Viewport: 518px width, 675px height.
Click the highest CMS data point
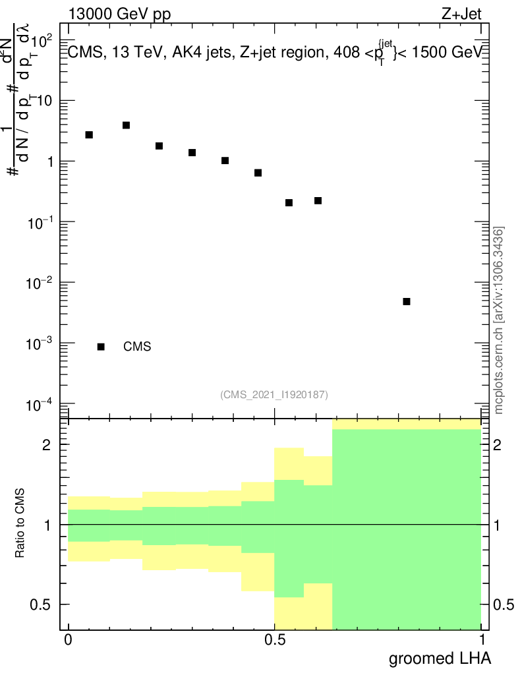tap(126, 125)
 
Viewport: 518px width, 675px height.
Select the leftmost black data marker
tap(89, 134)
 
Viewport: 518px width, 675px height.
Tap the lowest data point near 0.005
tap(407, 301)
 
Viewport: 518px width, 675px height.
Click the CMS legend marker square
tap(101, 347)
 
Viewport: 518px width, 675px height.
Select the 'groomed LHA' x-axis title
tap(440, 658)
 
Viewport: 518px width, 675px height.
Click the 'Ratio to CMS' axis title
tap(21, 524)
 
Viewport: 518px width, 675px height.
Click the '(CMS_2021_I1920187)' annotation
tap(274, 394)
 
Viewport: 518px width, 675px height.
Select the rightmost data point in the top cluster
tap(318, 200)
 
